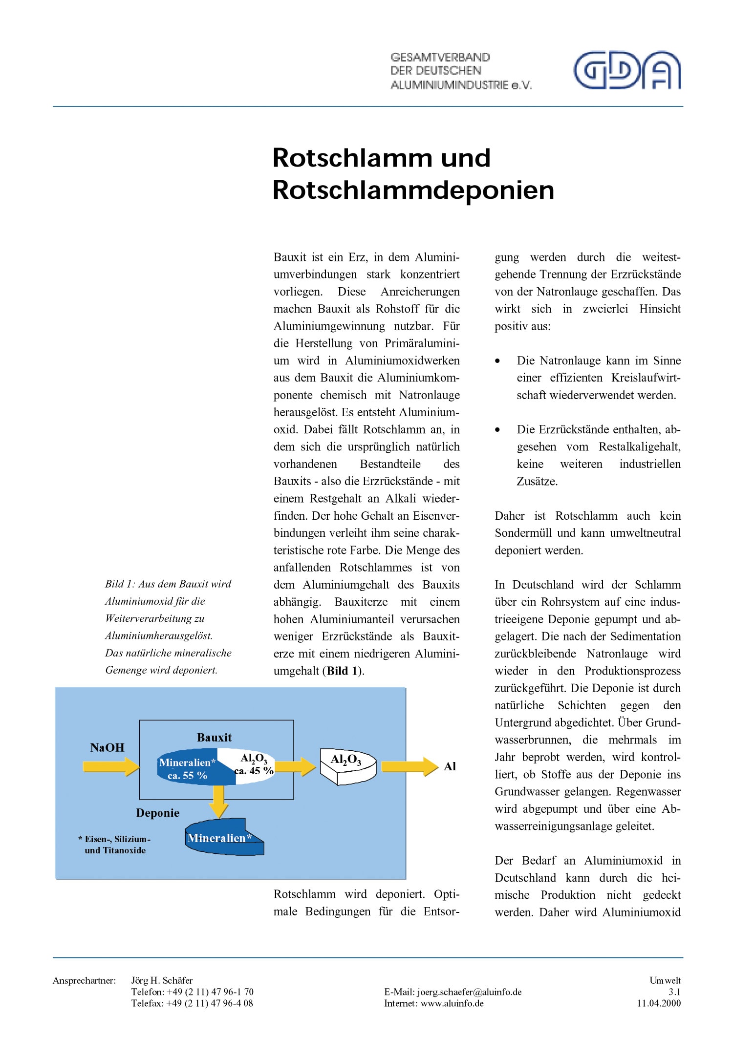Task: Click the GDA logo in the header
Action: [627, 70]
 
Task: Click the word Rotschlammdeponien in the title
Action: [413, 190]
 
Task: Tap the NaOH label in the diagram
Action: [107, 747]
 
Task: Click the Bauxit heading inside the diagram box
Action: [214, 738]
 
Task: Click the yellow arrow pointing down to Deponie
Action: [219, 801]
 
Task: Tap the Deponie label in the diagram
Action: [157, 813]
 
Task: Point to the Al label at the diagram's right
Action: [450, 767]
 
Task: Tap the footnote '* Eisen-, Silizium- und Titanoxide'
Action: [115, 845]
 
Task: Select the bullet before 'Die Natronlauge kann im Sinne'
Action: [497, 361]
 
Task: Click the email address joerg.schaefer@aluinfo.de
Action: [469, 992]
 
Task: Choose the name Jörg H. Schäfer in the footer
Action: [162, 980]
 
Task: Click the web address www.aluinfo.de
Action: [452, 1003]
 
